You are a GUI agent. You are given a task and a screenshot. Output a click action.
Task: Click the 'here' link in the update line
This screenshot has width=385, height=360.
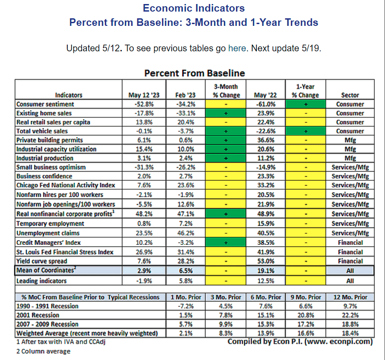click(237, 48)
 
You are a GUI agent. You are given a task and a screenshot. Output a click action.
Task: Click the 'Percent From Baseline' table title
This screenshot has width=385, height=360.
click(195, 73)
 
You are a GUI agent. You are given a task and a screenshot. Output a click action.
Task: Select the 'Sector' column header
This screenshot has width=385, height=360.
click(350, 95)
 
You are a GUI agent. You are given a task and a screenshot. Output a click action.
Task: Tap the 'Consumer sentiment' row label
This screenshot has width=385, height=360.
click(45, 104)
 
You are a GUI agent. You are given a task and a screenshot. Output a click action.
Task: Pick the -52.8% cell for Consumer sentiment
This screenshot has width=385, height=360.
click(144, 104)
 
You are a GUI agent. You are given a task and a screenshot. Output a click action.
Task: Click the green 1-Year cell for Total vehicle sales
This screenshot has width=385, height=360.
click(306, 131)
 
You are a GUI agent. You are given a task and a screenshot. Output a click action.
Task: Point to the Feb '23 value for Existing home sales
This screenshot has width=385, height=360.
click(186, 113)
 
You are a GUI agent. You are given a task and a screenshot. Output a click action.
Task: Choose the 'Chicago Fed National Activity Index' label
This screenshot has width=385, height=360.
click(66, 185)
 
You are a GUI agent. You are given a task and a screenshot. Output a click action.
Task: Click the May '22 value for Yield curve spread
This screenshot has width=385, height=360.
click(266, 261)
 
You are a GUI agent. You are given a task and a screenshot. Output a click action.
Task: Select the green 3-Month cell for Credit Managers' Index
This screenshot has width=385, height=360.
click(226, 243)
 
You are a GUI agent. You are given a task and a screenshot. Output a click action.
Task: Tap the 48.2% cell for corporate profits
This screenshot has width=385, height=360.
click(144, 214)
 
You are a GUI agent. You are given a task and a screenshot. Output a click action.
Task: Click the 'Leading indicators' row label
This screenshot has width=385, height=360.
click(41, 281)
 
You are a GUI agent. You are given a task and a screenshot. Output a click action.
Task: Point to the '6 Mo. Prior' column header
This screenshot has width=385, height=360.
click(266, 297)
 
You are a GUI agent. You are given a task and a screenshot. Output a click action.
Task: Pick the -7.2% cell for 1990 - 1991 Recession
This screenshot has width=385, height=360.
click(186, 306)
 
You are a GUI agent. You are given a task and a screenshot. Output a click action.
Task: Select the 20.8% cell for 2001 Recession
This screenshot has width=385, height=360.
click(306, 315)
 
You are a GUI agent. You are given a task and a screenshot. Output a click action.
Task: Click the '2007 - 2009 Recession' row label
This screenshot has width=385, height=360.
click(47, 324)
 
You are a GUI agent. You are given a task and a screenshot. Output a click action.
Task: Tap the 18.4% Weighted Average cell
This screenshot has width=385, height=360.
click(350, 333)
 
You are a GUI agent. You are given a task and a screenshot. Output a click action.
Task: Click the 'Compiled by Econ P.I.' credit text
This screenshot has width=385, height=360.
click(300, 342)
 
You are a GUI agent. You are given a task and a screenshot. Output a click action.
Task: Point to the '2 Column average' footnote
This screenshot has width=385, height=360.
click(43, 352)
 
